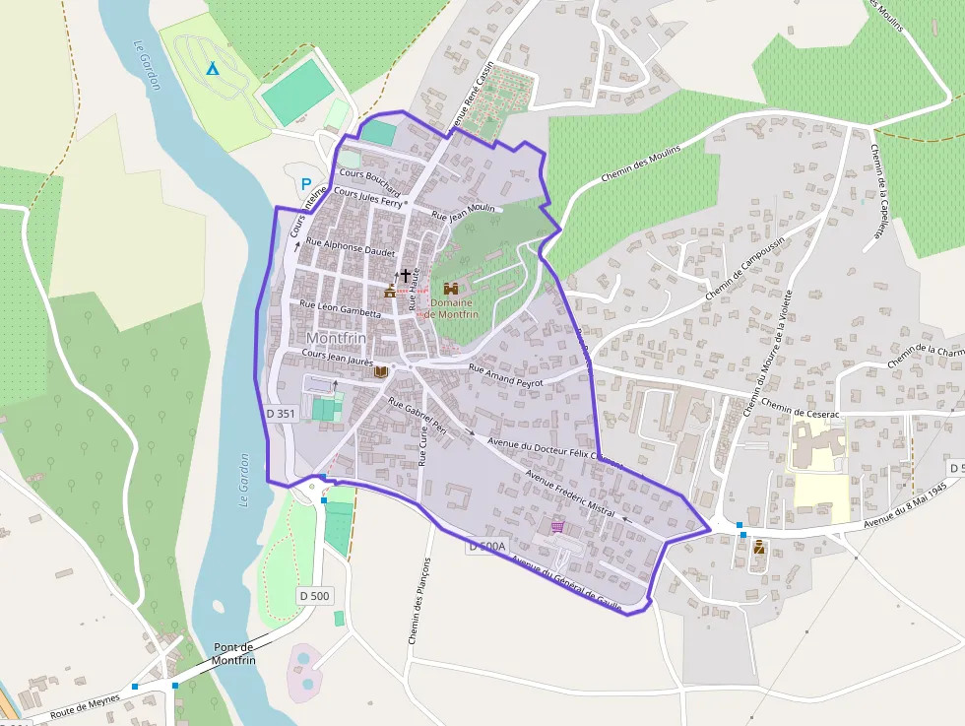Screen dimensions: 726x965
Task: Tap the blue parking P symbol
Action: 306,184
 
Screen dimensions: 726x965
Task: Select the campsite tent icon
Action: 212,68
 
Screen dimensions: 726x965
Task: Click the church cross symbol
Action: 405,276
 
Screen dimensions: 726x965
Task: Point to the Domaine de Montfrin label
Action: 451,308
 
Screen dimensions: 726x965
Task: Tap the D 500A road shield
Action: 486,546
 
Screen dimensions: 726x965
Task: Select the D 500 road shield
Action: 315,595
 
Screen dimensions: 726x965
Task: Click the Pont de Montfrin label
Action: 234,653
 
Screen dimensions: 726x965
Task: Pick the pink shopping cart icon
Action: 558,527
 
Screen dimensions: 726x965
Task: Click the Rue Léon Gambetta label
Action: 340,308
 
